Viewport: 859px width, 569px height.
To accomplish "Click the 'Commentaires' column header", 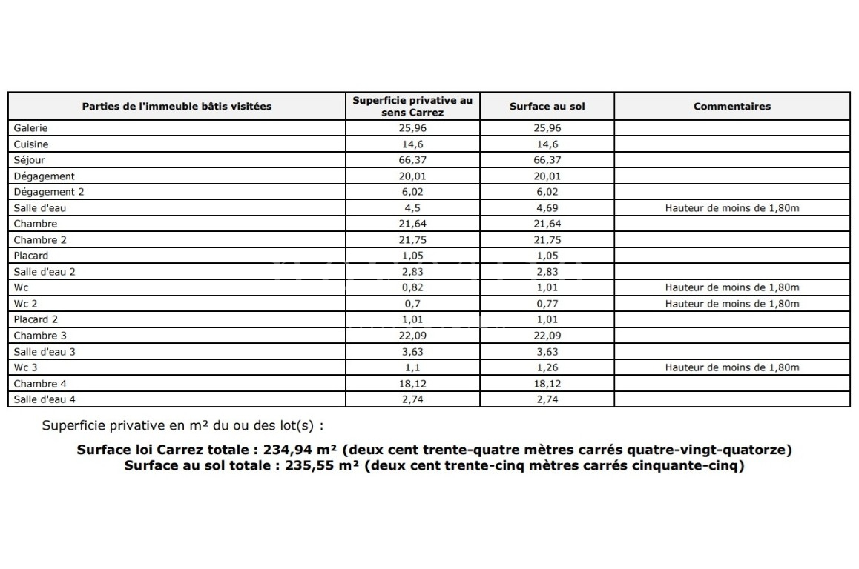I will (x=731, y=106).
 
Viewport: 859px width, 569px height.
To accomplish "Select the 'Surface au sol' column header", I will (x=547, y=106).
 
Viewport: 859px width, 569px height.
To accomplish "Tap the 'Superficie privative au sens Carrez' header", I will (x=412, y=106).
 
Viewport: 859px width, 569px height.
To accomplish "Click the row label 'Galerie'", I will (x=30, y=128).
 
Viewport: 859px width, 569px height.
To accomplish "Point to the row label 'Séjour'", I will (x=30, y=160).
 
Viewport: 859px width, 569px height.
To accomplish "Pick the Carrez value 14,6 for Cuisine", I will (x=412, y=144).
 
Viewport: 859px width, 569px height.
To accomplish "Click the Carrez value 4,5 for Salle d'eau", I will (x=412, y=208).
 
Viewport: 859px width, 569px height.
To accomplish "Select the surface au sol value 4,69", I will (x=547, y=208).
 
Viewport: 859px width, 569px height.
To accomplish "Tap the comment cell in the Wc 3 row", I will (x=731, y=367).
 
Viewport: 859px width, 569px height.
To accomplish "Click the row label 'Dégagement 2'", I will (x=49, y=192).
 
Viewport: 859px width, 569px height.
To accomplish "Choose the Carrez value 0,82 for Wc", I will (x=412, y=287).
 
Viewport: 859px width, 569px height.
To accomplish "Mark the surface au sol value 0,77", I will (x=547, y=304).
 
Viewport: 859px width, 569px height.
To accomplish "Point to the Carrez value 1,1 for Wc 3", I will (x=412, y=367).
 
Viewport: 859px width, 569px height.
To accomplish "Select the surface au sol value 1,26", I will (x=547, y=367).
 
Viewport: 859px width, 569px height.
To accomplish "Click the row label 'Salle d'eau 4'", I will (x=45, y=399).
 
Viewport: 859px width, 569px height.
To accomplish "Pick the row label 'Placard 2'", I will (x=36, y=319).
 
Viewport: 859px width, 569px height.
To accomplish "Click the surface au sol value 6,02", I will (x=547, y=192).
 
